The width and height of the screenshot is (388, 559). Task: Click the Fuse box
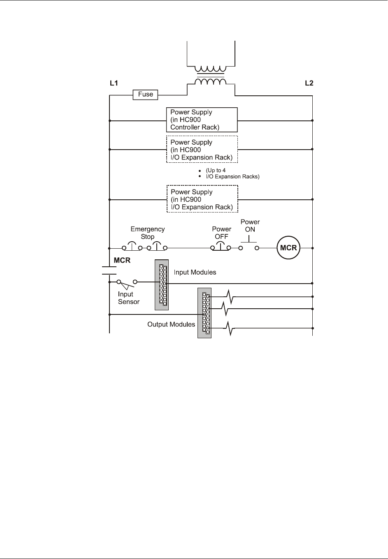tap(146, 95)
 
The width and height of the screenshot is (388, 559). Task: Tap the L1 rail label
tap(114, 83)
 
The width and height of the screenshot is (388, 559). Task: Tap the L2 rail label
tap(309, 83)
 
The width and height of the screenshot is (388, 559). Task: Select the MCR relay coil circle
tap(288, 248)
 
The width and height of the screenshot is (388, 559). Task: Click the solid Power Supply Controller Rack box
tap(202, 120)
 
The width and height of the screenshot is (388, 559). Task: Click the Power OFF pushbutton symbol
tap(221, 247)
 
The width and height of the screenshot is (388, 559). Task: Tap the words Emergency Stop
tap(147, 233)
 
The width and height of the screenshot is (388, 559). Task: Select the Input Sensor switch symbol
tap(127, 283)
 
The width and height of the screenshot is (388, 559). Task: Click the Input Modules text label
tap(195, 272)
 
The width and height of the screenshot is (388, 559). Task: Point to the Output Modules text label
tap(171, 324)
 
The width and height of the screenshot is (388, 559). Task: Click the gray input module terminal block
tap(162, 285)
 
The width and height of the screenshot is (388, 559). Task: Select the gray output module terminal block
tap(204, 313)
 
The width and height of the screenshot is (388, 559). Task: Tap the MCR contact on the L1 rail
tap(109, 270)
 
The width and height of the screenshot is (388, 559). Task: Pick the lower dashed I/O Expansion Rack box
tap(202, 199)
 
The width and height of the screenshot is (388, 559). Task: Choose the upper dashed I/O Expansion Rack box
tap(202, 150)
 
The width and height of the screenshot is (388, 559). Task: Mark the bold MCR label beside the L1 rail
tap(122, 261)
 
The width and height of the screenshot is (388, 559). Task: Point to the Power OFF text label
tap(221, 233)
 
